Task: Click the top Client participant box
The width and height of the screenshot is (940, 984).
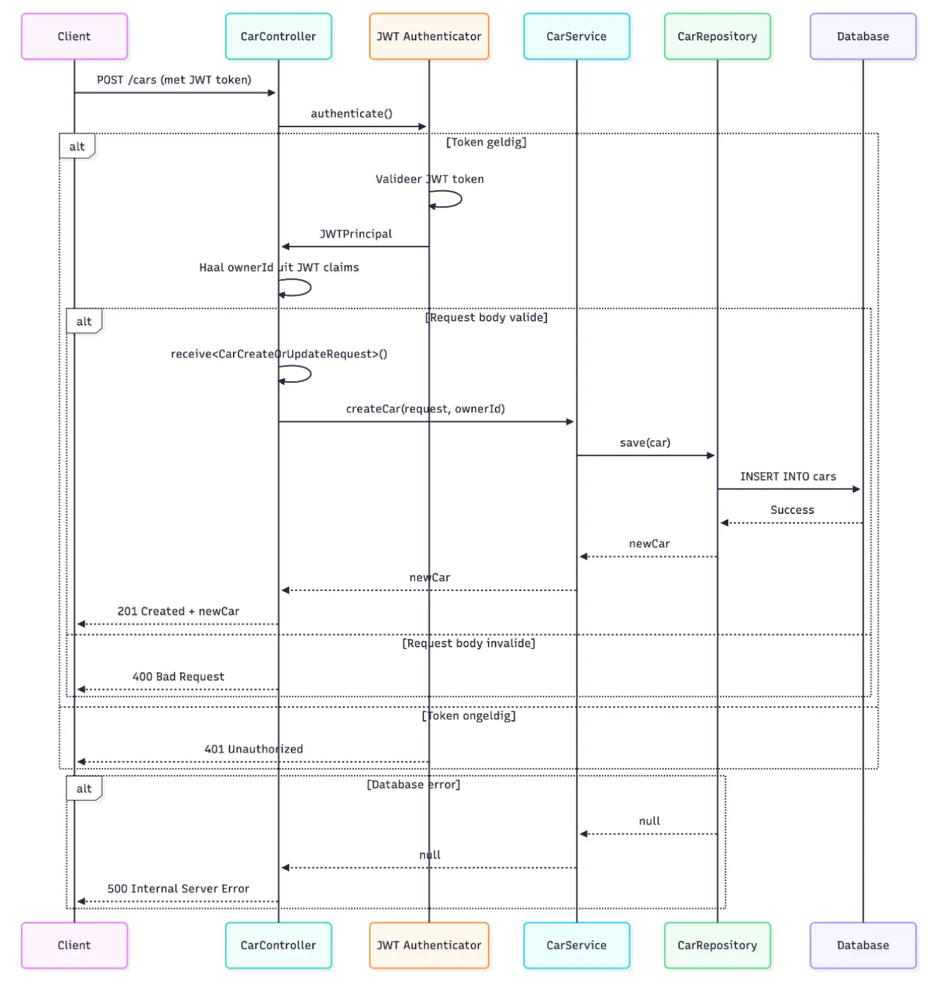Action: (x=74, y=36)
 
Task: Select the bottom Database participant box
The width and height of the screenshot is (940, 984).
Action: (x=862, y=945)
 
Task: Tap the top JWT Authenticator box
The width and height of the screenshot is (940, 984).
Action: (x=429, y=36)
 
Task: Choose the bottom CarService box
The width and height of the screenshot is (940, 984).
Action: (x=576, y=945)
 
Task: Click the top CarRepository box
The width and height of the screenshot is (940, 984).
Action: (x=717, y=36)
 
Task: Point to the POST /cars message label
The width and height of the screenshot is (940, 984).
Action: (x=174, y=80)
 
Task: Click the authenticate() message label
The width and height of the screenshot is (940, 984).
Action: (x=351, y=113)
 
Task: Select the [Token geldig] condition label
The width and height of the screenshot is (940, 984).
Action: (x=486, y=142)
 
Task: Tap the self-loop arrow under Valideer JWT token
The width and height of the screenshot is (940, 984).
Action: (x=447, y=199)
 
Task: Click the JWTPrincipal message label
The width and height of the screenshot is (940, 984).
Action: (x=355, y=234)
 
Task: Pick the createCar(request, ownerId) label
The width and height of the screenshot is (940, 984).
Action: (x=425, y=409)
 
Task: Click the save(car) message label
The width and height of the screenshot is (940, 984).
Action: (x=645, y=443)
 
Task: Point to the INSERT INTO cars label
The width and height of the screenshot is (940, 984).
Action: (x=787, y=476)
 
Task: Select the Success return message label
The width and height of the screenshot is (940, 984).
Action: (x=792, y=510)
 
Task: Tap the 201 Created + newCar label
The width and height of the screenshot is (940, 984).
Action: (x=178, y=611)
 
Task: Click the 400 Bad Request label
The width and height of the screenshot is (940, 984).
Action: (x=178, y=676)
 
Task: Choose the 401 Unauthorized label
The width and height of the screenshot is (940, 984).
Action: (x=253, y=749)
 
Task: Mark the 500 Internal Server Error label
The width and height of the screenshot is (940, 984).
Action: (x=178, y=888)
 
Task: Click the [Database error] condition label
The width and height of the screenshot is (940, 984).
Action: (x=413, y=785)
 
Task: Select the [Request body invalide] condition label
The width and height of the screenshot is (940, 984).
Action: (x=468, y=643)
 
